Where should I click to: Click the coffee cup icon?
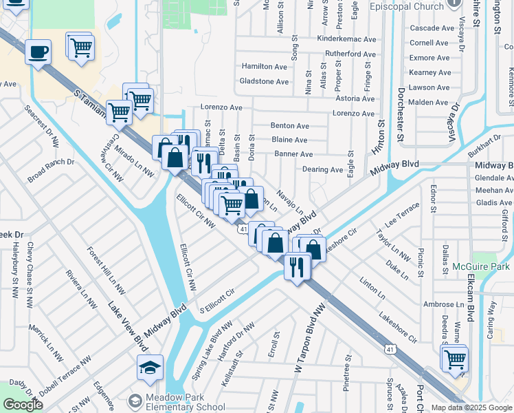38,52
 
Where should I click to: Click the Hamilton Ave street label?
264,67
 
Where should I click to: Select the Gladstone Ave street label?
264,81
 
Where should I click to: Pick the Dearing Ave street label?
322,169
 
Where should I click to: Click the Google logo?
23,405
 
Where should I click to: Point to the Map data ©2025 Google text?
471,407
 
